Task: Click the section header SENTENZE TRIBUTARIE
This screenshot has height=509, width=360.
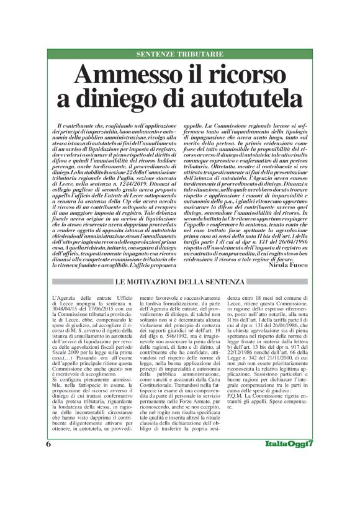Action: click(180, 55)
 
